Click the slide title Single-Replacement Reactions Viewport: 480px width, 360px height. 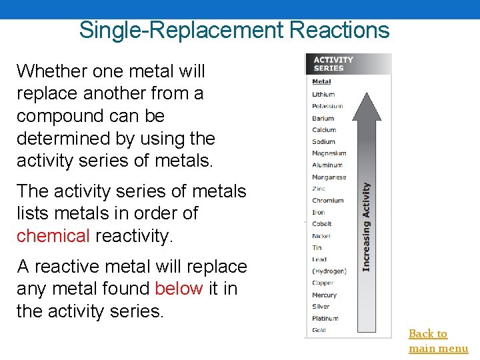(234, 30)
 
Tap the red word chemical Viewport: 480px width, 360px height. (53, 235)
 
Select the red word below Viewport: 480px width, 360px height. (179, 289)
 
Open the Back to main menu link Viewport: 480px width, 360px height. (438, 341)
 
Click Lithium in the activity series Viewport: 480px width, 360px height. (323, 95)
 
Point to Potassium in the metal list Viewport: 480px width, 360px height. (327, 106)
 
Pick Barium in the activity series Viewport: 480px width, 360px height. (323, 118)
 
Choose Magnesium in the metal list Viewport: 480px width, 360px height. (329, 153)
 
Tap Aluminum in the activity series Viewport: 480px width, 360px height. (327, 165)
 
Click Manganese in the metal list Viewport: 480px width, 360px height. (329, 177)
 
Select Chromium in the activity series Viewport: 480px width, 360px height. (328, 201)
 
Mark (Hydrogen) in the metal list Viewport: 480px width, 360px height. (329, 271)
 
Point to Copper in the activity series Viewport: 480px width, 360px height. (323, 283)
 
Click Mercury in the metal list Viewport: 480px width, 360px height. (324, 295)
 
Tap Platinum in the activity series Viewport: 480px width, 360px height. (325, 319)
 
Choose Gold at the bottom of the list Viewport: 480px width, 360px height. (319, 330)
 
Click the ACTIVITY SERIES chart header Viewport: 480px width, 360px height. (333, 64)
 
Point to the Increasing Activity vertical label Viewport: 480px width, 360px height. (366, 227)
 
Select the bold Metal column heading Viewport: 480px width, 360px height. (321, 83)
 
